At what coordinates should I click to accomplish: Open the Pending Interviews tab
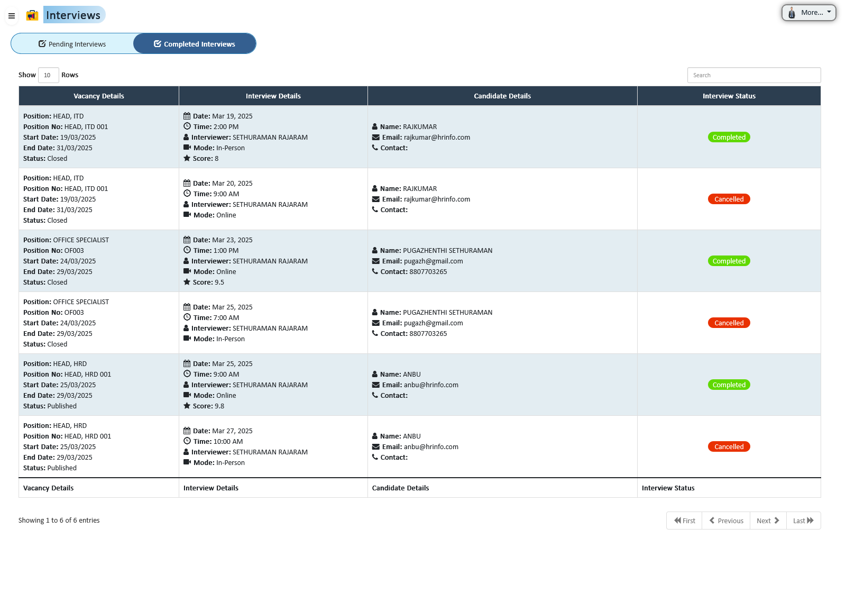pyautogui.click(x=72, y=44)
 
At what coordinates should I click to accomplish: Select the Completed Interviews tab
pyautogui.click(x=195, y=44)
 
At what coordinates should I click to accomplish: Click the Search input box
pyautogui.click(x=753, y=75)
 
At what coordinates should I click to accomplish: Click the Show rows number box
pyautogui.click(x=48, y=75)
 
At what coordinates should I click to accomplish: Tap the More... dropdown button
pyautogui.click(x=808, y=13)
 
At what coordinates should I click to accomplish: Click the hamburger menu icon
pyautogui.click(x=12, y=16)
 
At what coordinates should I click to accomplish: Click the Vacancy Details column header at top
pyautogui.click(x=99, y=96)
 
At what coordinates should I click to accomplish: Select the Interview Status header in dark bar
pyautogui.click(x=729, y=96)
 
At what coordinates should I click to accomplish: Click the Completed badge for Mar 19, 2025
pyautogui.click(x=729, y=138)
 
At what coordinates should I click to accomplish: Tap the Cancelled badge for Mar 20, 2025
pyautogui.click(x=729, y=199)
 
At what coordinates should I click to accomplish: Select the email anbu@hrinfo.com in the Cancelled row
pyautogui.click(x=430, y=447)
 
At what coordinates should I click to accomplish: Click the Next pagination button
pyautogui.click(x=768, y=521)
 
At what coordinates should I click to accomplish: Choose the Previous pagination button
pyautogui.click(x=726, y=521)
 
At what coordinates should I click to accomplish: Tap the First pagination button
pyautogui.click(x=684, y=521)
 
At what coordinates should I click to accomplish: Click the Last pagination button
pyautogui.click(x=803, y=521)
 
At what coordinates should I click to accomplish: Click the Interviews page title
pyautogui.click(x=73, y=15)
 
